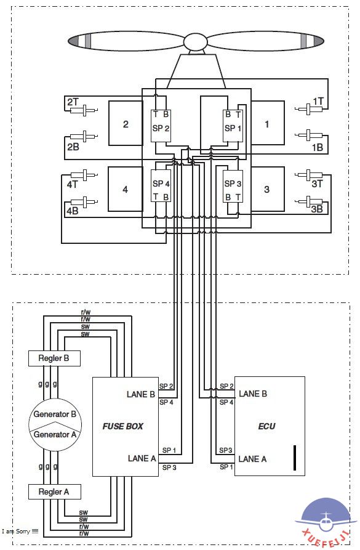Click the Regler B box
[54, 358]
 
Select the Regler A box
[54, 491]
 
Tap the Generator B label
[55, 415]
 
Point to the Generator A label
[55, 435]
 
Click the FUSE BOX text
[122, 426]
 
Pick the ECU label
[266, 426]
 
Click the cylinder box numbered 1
[268, 123]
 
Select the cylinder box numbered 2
[126, 123]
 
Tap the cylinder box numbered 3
[268, 189]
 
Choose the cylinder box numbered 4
[125, 189]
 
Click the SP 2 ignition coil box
[161, 126]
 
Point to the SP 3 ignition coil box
[233, 186]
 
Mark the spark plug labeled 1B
[309, 135]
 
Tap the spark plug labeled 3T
[309, 175]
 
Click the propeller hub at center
[196, 41]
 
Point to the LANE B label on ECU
[253, 394]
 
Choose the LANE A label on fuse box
[142, 458]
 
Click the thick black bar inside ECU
[295, 458]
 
